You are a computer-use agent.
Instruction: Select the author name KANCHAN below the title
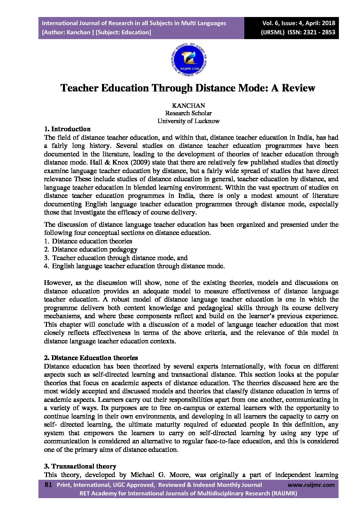tap(189, 106)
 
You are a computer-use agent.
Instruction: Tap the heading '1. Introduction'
tap(67, 129)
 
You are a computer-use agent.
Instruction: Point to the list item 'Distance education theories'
tap(92, 241)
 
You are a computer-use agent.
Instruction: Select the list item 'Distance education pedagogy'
tap(95, 250)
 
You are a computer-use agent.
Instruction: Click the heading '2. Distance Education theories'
tap(91, 358)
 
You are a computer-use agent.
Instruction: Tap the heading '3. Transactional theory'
tap(80, 466)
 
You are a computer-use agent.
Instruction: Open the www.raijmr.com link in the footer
tap(311, 485)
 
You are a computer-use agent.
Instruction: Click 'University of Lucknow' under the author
tap(188, 121)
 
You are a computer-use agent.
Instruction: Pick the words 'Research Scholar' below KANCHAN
tap(188, 113)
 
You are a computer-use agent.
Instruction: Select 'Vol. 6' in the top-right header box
tap(271, 23)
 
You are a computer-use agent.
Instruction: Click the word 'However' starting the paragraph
tap(58, 283)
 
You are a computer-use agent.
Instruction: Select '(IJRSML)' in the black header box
tap(273, 33)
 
